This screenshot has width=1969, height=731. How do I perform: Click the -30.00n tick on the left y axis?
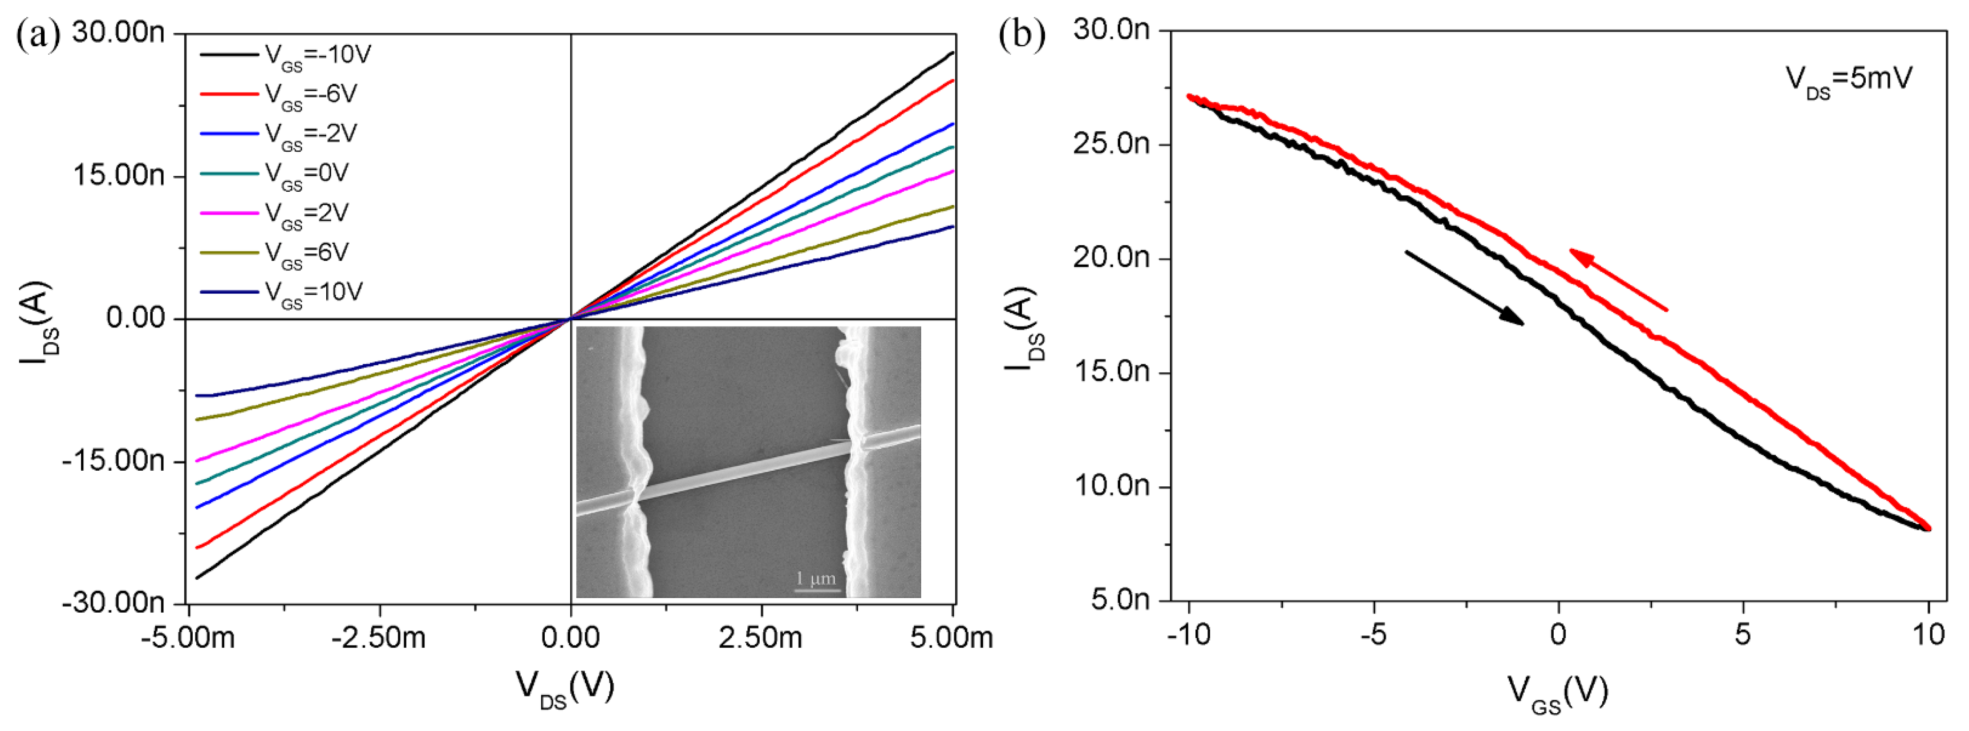click(x=113, y=603)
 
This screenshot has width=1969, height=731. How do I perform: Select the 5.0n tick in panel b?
click(x=1120, y=600)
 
